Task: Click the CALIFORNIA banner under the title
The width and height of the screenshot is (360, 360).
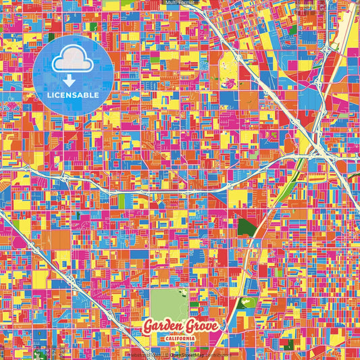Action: click(x=179, y=338)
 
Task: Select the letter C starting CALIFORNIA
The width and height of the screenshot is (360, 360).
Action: click(x=166, y=338)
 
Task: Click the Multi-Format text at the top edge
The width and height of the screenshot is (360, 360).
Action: click(x=180, y=3)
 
